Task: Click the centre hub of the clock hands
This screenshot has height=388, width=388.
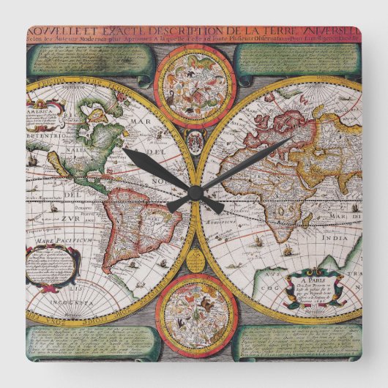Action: (195, 193)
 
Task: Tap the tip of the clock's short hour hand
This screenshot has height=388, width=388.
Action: (124, 149)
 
